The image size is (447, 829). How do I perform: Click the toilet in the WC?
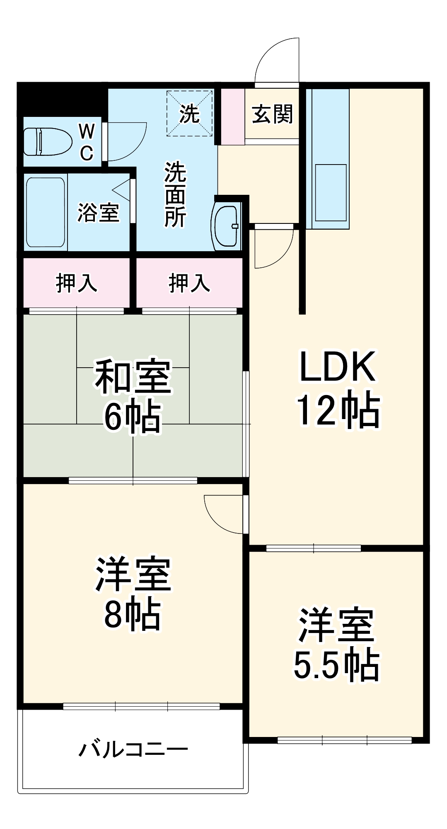[48, 141]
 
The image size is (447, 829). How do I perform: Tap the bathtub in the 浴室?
[46, 212]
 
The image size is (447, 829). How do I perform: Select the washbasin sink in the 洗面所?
[227, 225]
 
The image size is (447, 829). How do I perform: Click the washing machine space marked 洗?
[189, 113]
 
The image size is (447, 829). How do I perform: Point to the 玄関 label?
[272, 114]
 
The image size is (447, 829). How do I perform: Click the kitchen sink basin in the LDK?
[331, 192]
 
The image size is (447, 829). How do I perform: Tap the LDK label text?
[337, 367]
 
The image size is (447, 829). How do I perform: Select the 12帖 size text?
[337, 410]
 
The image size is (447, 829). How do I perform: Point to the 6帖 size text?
[133, 417]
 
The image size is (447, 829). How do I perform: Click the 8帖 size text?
[133, 614]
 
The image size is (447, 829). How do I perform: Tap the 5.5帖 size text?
[336, 665]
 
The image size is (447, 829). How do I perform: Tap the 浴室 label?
[99, 213]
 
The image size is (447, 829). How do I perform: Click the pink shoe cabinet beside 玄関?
[232, 116]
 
